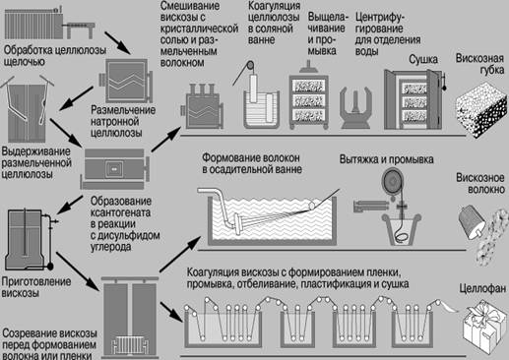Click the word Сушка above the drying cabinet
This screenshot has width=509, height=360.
pyautogui.click(x=423, y=59)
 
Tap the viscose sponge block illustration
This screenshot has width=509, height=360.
pyautogui.click(x=481, y=110)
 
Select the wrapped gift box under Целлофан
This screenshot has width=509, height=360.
pyautogui.click(x=485, y=329)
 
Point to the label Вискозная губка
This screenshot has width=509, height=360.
pyautogui.click(x=479, y=64)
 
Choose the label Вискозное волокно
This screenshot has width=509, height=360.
pyautogui.click(x=480, y=184)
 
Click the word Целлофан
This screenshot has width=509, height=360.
pyautogui.click(x=482, y=288)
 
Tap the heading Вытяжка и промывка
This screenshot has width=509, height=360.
pyautogui.click(x=386, y=159)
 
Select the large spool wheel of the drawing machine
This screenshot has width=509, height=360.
pyautogui.click(x=394, y=181)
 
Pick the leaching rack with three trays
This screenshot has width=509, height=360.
pyautogui.click(x=308, y=101)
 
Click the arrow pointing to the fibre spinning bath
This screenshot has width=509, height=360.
pyautogui.click(x=180, y=254)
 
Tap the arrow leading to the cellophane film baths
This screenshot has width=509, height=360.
pyautogui.click(x=171, y=312)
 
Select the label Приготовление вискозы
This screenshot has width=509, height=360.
pyautogui.click(x=36, y=287)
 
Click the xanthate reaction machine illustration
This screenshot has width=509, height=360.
pyautogui.click(x=115, y=168)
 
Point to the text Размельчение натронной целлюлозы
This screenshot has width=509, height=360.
pyautogui.click(x=123, y=121)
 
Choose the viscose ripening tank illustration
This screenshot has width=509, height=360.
pyautogui.click(x=130, y=318)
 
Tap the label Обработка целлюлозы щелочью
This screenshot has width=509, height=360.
pyautogui.click(x=55, y=56)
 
